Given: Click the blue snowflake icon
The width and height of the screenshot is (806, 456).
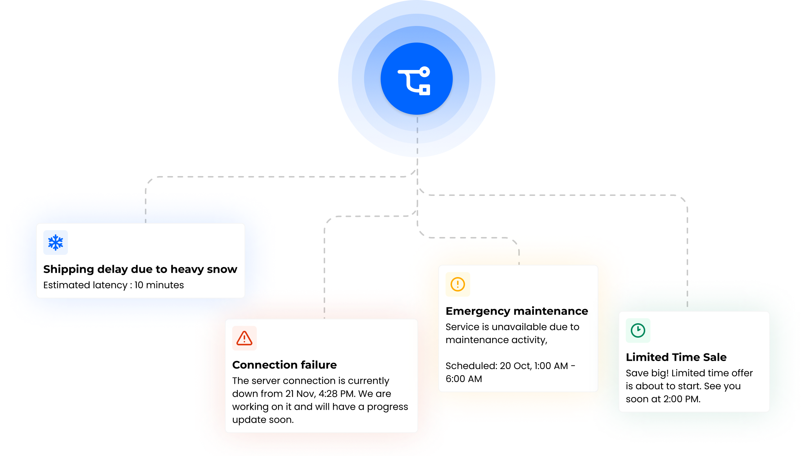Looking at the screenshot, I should [x=56, y=242].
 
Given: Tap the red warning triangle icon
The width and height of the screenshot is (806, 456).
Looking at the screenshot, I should [x=244, y=338].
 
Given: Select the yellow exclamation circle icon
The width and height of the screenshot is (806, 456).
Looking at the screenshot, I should [x=458, y=284].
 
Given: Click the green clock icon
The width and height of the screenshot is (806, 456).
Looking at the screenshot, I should [x=638, y=330].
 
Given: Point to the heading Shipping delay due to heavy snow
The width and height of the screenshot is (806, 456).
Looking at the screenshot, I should [x=140, y=269].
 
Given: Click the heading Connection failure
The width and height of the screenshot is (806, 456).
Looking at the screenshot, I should [x=284, y=365].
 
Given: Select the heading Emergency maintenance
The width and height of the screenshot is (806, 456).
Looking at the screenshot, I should [x=517, y=311].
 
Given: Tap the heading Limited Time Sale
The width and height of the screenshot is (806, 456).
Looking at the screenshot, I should [x=676, y=357].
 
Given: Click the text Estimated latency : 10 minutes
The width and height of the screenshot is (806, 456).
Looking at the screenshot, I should [x=114, y=285].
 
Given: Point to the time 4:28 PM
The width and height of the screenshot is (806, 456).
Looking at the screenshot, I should [x=337, y=394].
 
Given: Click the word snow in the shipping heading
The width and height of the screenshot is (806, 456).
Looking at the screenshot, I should [x=222, y=269].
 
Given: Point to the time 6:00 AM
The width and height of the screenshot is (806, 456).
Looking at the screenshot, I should [x=464, y=379].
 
